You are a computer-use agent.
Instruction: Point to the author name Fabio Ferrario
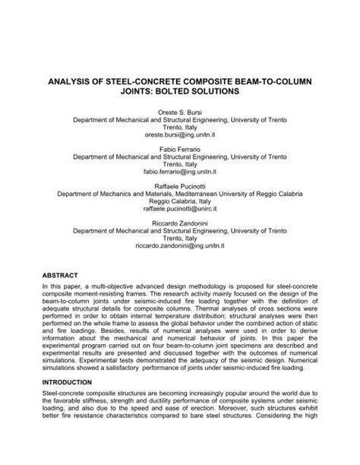[179, 150]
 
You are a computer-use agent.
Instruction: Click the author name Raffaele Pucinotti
[179, 188]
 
